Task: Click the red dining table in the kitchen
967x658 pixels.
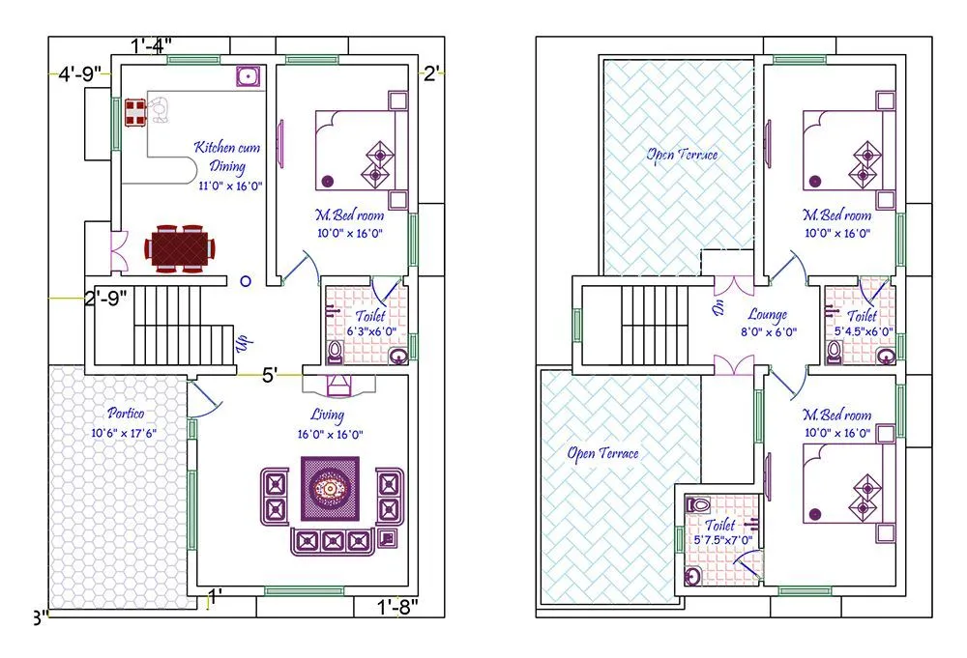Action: [181, 248]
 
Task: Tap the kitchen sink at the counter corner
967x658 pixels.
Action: [249, 76]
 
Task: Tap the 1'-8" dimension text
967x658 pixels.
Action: [396, 607]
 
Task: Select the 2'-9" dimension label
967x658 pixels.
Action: [104, 299]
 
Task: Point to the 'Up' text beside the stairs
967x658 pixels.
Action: [245, 342]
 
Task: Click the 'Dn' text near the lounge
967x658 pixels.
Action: [718, 310]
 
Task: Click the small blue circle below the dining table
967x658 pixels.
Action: [246, 281]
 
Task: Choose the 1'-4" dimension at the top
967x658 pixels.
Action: [151, 44]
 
